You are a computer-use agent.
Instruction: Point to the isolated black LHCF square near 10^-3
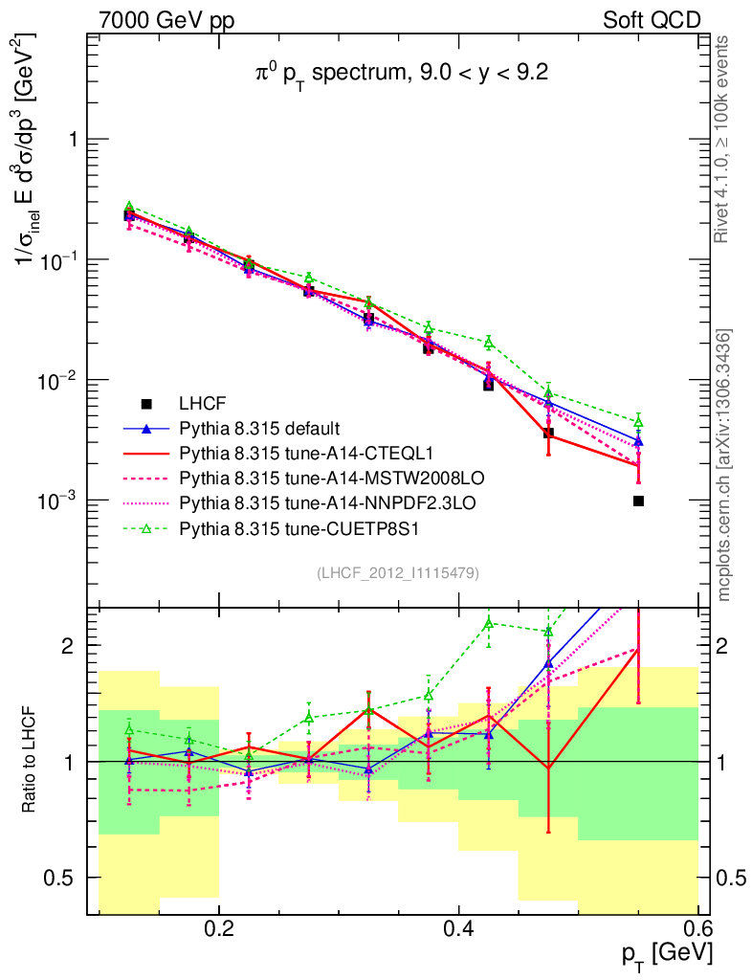point(638,501)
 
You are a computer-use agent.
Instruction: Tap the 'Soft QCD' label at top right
point(652,19)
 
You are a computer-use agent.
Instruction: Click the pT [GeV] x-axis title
point(666,951)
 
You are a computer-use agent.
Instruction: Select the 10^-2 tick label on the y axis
point(57,380)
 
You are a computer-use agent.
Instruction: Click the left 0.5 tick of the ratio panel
point(65,878)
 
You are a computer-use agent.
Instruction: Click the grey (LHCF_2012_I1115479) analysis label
point(398,572)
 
